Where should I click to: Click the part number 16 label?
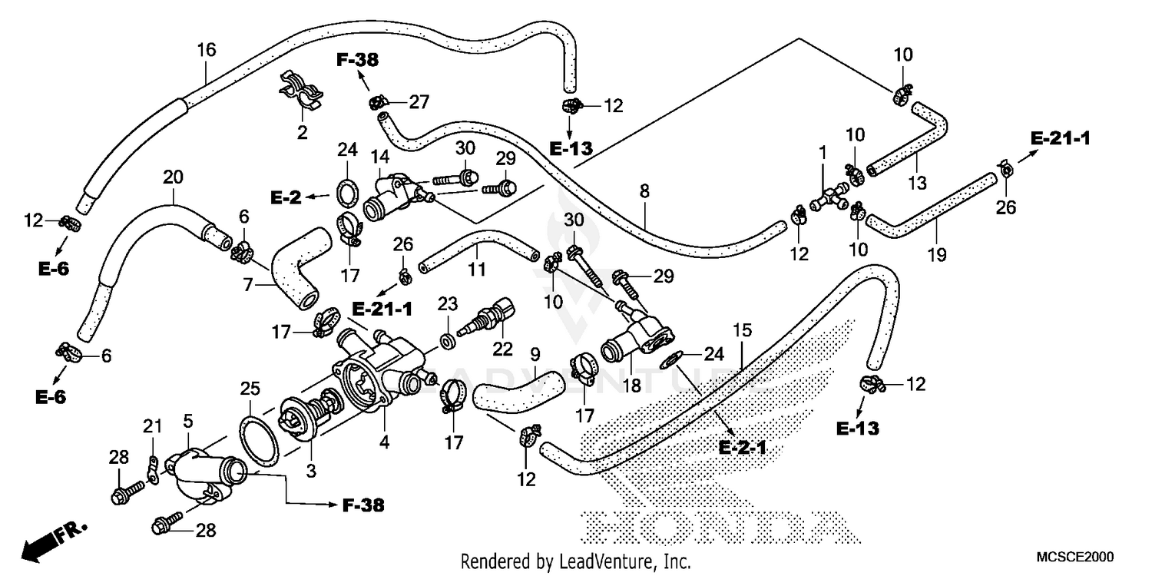[206, 51]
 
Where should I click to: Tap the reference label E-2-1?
[743, 448]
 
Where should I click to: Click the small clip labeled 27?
[377, 101]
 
